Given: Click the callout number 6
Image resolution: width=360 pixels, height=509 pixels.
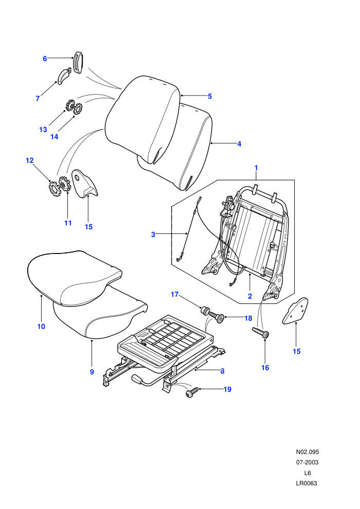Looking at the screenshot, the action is point(45,59).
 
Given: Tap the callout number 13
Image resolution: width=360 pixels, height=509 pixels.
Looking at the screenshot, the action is point(43,130).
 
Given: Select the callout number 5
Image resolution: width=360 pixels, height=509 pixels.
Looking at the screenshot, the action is point(210,96).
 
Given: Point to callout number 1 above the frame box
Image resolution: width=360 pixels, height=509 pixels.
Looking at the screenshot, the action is point(256,168).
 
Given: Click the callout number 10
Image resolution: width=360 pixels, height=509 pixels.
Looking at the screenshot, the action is point(41,326).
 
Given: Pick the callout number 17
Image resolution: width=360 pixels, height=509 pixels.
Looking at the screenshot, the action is point(175,295).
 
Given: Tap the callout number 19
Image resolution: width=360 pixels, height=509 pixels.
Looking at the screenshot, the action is point(227,389).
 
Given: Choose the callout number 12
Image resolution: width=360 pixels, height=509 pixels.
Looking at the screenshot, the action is point(29,160).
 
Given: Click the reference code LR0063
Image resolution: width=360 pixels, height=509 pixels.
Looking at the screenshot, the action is point(307,483).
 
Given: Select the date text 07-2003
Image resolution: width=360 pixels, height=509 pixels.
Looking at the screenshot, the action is point(307,462).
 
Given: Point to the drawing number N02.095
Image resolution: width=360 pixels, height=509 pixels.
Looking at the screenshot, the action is point(308,452).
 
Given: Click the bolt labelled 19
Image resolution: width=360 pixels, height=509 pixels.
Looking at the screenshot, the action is point(192,391).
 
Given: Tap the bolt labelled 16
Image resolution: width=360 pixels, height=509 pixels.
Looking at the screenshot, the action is point(261,333).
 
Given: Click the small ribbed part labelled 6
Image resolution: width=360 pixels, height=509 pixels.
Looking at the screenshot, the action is point(78,63).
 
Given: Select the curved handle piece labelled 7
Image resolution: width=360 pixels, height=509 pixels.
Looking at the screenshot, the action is point(64,76).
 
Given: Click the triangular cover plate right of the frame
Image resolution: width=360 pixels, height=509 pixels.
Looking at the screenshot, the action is point(295,311).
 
